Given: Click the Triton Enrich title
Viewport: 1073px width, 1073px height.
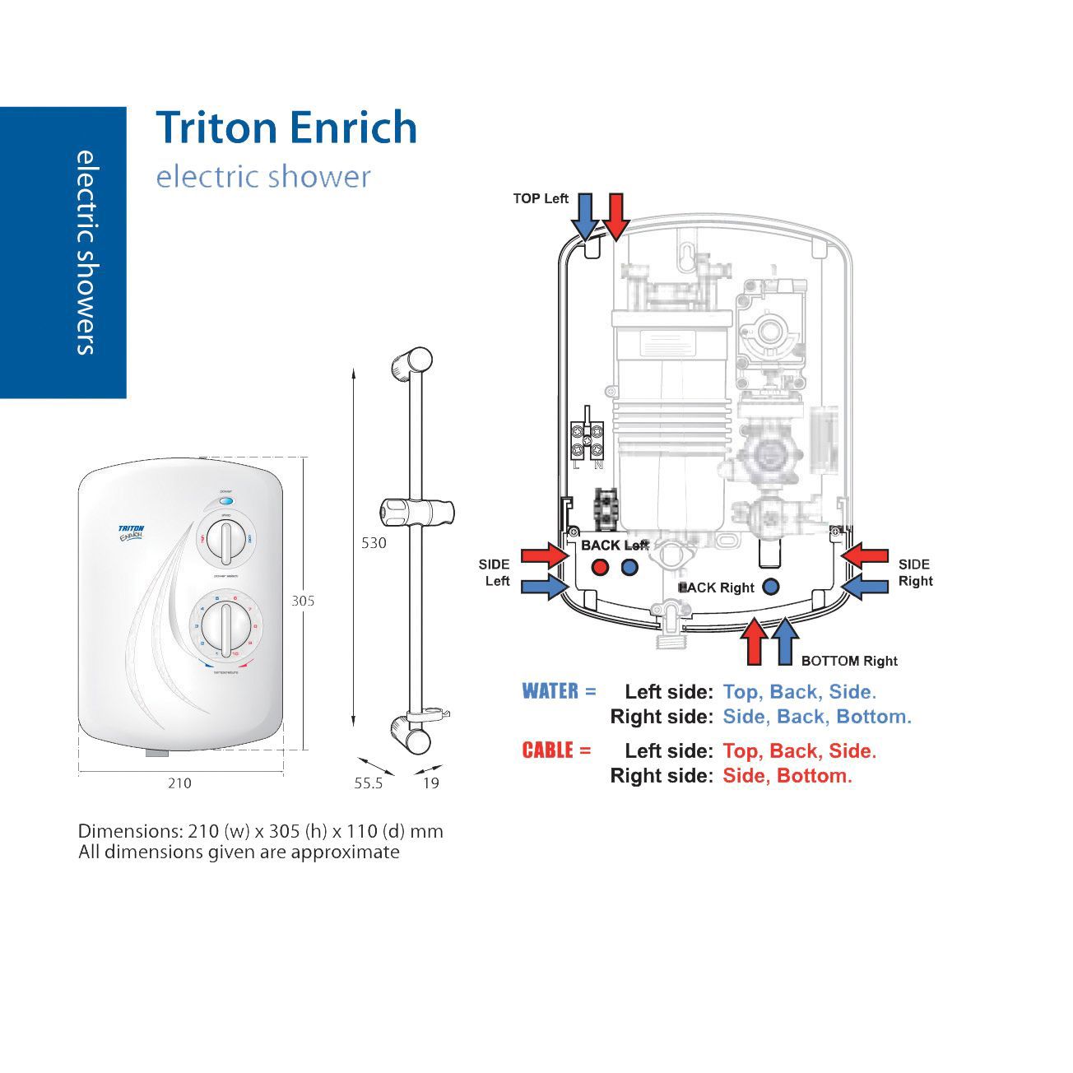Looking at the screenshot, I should point(286,128).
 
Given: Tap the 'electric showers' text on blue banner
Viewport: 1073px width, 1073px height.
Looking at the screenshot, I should point(86,252).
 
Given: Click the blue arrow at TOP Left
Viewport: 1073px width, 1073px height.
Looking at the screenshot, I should point(585,216).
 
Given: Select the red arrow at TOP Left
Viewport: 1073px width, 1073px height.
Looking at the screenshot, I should point(616,216).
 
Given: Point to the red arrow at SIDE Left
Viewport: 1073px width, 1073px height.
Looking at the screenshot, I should point(545,555).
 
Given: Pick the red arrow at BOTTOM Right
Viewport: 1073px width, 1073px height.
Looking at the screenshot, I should point(755,643).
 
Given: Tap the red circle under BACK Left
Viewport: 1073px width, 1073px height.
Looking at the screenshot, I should point(601,567).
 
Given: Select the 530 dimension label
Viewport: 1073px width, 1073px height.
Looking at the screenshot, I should point(374,543).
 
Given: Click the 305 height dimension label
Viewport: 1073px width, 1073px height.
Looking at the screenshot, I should point(303,601).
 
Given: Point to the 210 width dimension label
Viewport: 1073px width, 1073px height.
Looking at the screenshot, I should point(179,783).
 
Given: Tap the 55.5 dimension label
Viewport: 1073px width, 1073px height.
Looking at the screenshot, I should point(369,783).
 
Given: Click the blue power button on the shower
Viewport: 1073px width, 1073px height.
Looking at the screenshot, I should point(226,501).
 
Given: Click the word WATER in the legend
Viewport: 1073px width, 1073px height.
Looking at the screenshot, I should point(550,691).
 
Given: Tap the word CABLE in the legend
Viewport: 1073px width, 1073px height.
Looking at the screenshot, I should point(547,750).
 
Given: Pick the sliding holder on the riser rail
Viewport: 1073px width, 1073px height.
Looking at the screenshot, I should point(417,511).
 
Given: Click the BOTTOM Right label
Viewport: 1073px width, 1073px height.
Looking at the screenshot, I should point(849,661).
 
